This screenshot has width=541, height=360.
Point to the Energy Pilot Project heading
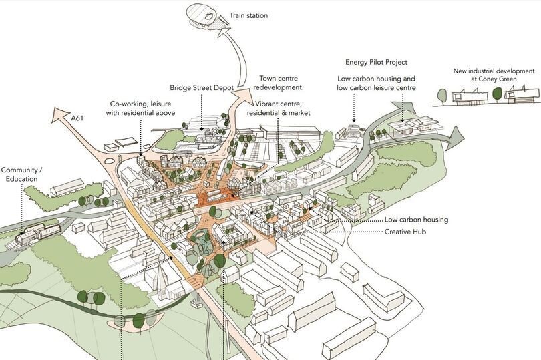[x=376, y=62]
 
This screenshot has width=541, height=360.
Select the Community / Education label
[x=22, y=174]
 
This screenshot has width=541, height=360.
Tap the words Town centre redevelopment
[x=280, y=83]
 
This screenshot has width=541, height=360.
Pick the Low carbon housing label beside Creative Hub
[x=416, y=220]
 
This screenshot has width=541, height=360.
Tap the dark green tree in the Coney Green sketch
[x=496, y=95]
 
